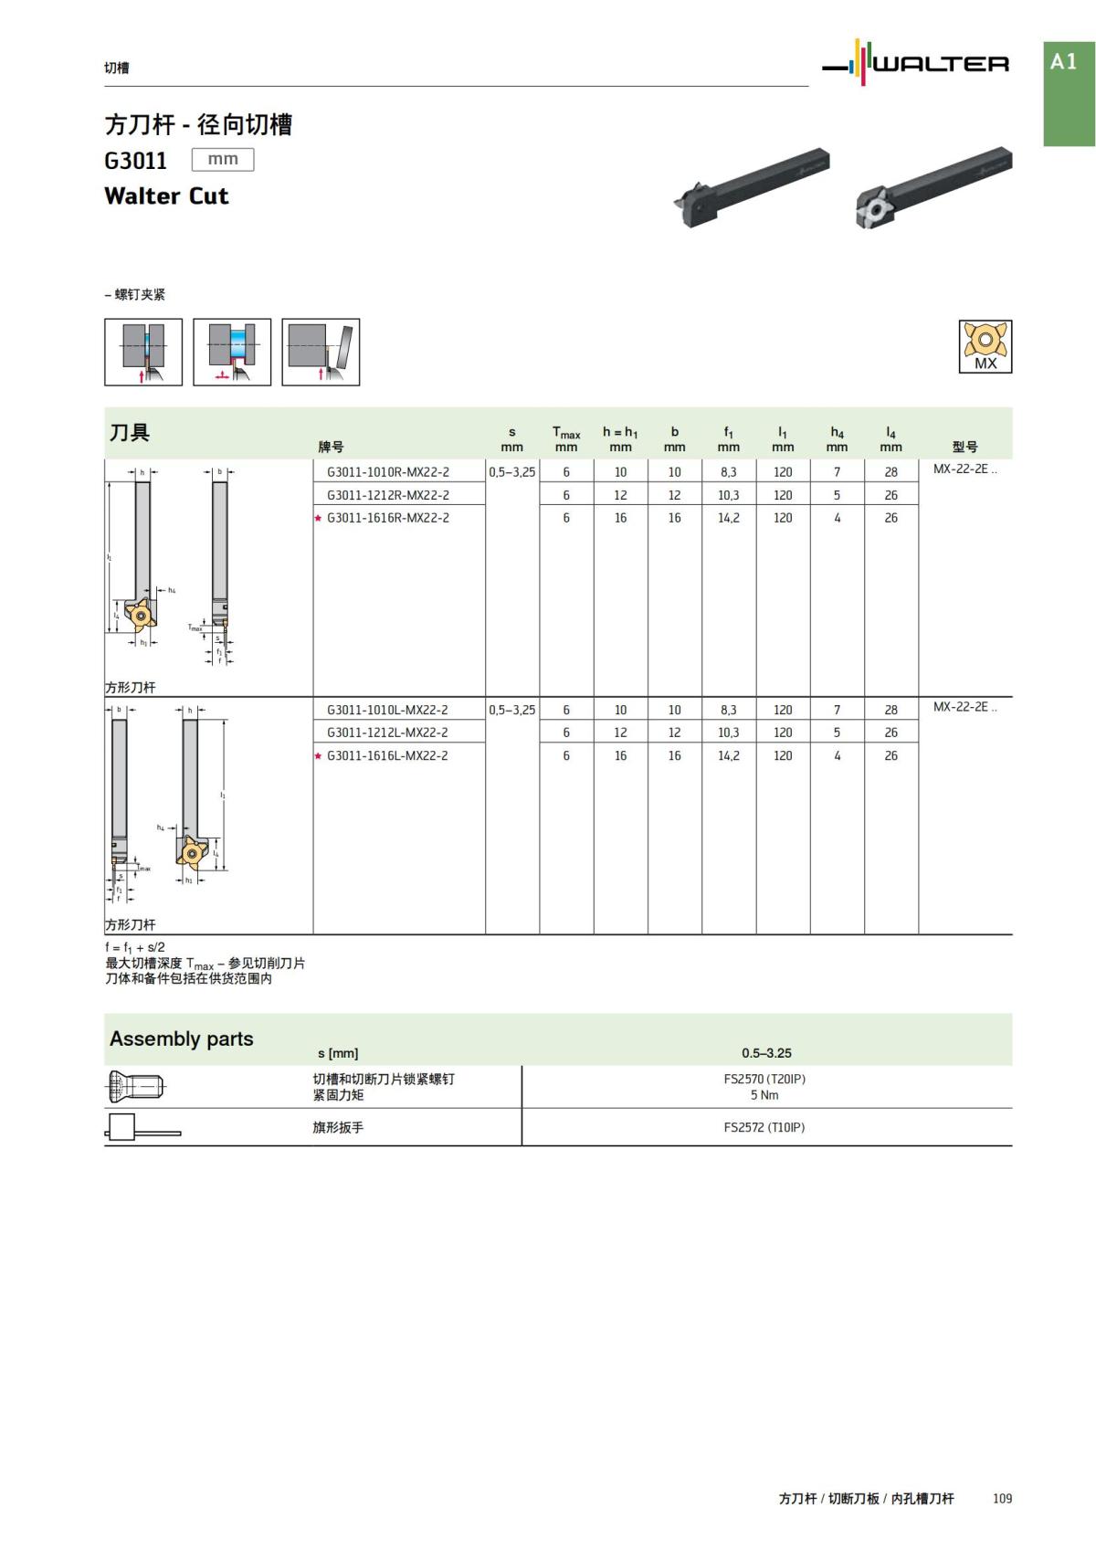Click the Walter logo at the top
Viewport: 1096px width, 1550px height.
tap(916, 63)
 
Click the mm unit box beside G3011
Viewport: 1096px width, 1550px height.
tap(223, 160)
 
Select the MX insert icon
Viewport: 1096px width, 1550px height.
tap(985, 346)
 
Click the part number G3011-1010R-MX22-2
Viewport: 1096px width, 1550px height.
tap(388, 472)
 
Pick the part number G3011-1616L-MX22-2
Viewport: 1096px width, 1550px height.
tap(387, 755)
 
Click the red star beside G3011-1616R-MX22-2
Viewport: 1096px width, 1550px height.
tap(318, 518)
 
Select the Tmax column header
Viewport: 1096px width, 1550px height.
tap(566, 438)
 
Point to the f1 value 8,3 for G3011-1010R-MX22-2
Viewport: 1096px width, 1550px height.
tap(728, 472)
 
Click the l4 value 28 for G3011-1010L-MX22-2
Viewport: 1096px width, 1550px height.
tap(890, 710)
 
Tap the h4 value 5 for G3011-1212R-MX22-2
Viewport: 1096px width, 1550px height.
tap(837, 495)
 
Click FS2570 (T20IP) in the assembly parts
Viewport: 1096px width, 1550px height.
tap(764, 1079)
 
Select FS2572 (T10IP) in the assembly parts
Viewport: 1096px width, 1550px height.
tap(764, 1127)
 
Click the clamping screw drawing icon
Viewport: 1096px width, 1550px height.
tap(136, 1087)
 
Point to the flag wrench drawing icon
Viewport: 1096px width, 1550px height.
tap(142, 1128)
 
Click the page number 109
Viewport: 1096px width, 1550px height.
tap(1002, 1498)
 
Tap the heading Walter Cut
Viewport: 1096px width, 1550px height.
tap(166, 196)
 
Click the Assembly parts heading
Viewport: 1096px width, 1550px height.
tap(182, 1039)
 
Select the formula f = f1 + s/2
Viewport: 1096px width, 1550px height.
tap(135, 947)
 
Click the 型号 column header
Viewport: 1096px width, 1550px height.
tap(964, 447)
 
